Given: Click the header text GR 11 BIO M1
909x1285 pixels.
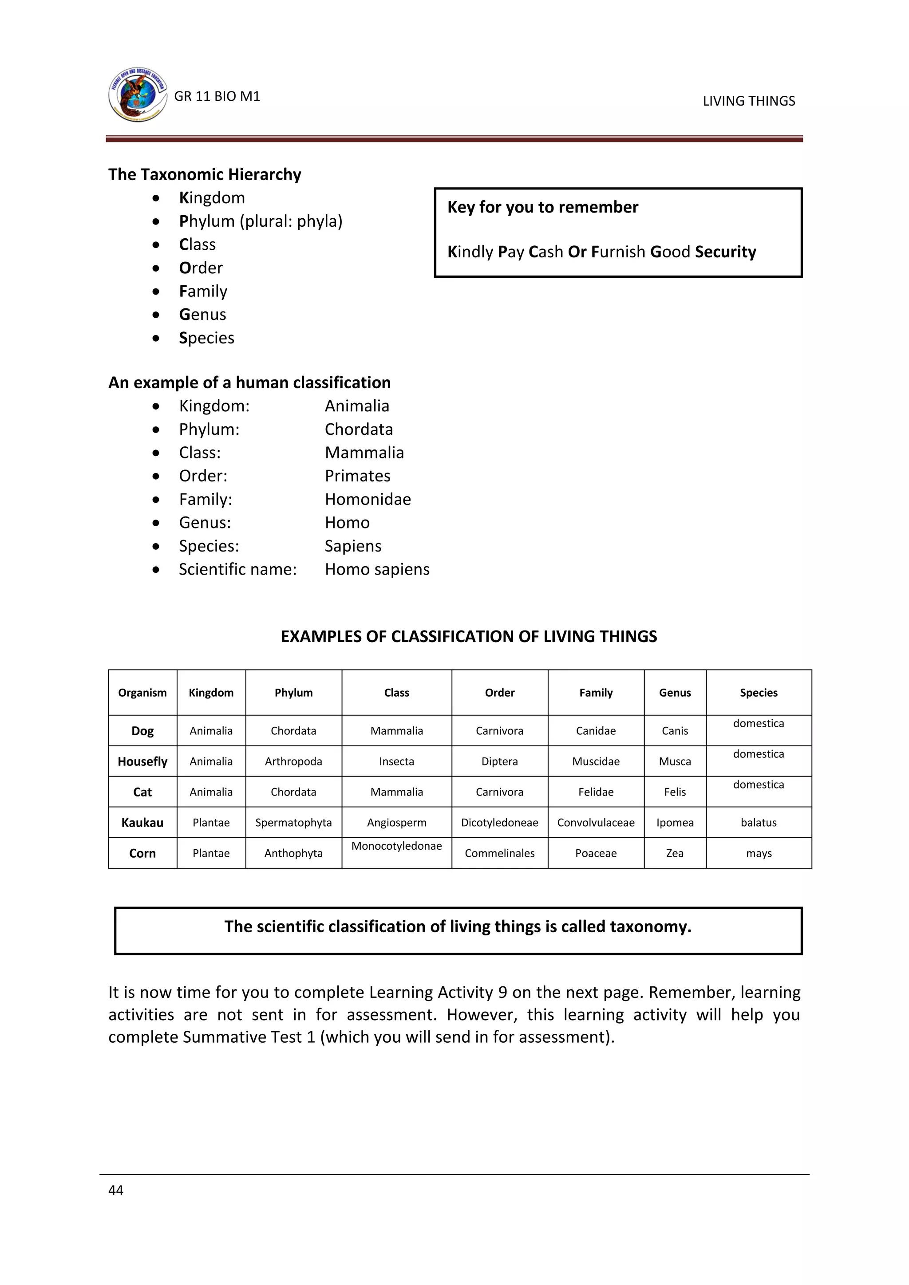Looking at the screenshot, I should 217,96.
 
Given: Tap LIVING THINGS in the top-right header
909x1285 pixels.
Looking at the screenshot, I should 748,101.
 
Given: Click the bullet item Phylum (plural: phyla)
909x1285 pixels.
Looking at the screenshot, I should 260,221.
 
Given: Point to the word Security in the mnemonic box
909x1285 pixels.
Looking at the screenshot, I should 725,252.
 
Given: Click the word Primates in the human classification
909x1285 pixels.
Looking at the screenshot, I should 358,476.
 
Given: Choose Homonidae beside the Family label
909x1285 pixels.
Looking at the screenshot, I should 368,499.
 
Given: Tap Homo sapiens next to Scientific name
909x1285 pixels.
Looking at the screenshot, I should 377,569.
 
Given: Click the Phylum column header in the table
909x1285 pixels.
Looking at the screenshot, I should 293,693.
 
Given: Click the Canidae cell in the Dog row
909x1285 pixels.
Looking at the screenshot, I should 596,731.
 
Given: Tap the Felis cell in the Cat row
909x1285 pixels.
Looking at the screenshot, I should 675,792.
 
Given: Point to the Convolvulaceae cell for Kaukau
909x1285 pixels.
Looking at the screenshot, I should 596,823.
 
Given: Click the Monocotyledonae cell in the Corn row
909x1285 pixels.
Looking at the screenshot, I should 396,846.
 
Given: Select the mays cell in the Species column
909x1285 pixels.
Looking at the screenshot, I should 759,854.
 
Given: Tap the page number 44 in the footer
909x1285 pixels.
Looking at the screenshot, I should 116,1190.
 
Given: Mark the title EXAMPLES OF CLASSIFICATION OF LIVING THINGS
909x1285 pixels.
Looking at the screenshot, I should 469,637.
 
